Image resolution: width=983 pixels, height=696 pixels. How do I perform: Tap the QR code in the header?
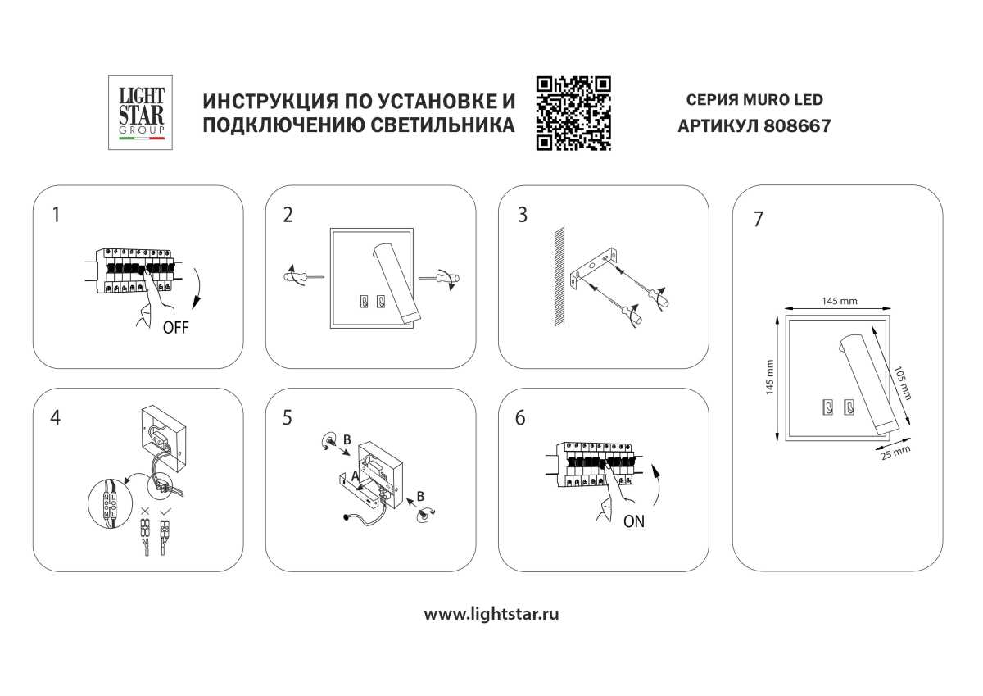click(573, 112)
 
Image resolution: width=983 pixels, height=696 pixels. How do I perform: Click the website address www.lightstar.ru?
click(491, 613)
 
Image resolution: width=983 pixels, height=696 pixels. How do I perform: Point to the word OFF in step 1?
click(176, 328)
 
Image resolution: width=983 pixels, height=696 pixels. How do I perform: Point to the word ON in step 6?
click(633, 521)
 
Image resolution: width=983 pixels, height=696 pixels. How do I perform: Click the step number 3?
click(522, 216)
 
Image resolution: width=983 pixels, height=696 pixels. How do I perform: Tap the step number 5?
click(287, 417)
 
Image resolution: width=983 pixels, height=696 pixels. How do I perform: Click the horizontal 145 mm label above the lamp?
click(839, 301)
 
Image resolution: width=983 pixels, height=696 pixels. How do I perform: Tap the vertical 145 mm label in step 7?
click(769, 378)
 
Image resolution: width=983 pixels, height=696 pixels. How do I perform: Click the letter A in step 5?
click(355, 475)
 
